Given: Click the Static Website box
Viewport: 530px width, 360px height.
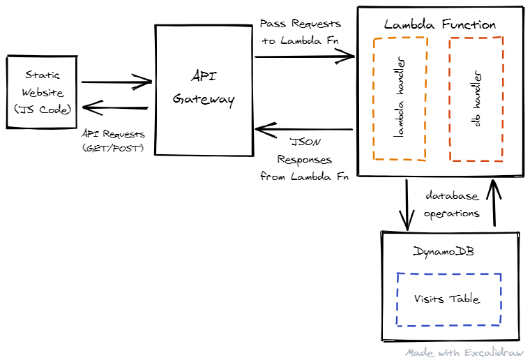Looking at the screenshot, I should tap(42, 91).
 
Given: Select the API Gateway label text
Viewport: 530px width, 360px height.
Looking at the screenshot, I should tap(203, 87).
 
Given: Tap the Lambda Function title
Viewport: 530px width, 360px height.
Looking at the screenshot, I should tap(440, 24).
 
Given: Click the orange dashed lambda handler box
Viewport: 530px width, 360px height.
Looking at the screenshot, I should tap(400, 98).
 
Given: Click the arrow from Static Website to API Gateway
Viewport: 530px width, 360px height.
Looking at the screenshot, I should tap(116, 82).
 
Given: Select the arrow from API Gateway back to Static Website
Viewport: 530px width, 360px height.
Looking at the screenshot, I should tap(116, 107).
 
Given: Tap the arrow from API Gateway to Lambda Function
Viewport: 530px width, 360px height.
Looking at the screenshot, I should tap(305, 57).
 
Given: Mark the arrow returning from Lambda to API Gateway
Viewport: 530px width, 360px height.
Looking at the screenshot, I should tap(305, 130).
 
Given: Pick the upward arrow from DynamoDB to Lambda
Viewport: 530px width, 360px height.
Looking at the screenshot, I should tap(494, 202).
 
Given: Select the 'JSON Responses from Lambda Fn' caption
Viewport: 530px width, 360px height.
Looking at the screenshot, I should tap(305, 160).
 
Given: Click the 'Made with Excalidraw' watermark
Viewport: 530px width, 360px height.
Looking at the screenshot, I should tap(464, 353).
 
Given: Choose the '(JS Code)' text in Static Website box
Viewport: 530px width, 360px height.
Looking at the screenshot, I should tap(43, 108).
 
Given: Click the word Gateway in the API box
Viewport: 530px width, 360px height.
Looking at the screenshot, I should tap(203, 100).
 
